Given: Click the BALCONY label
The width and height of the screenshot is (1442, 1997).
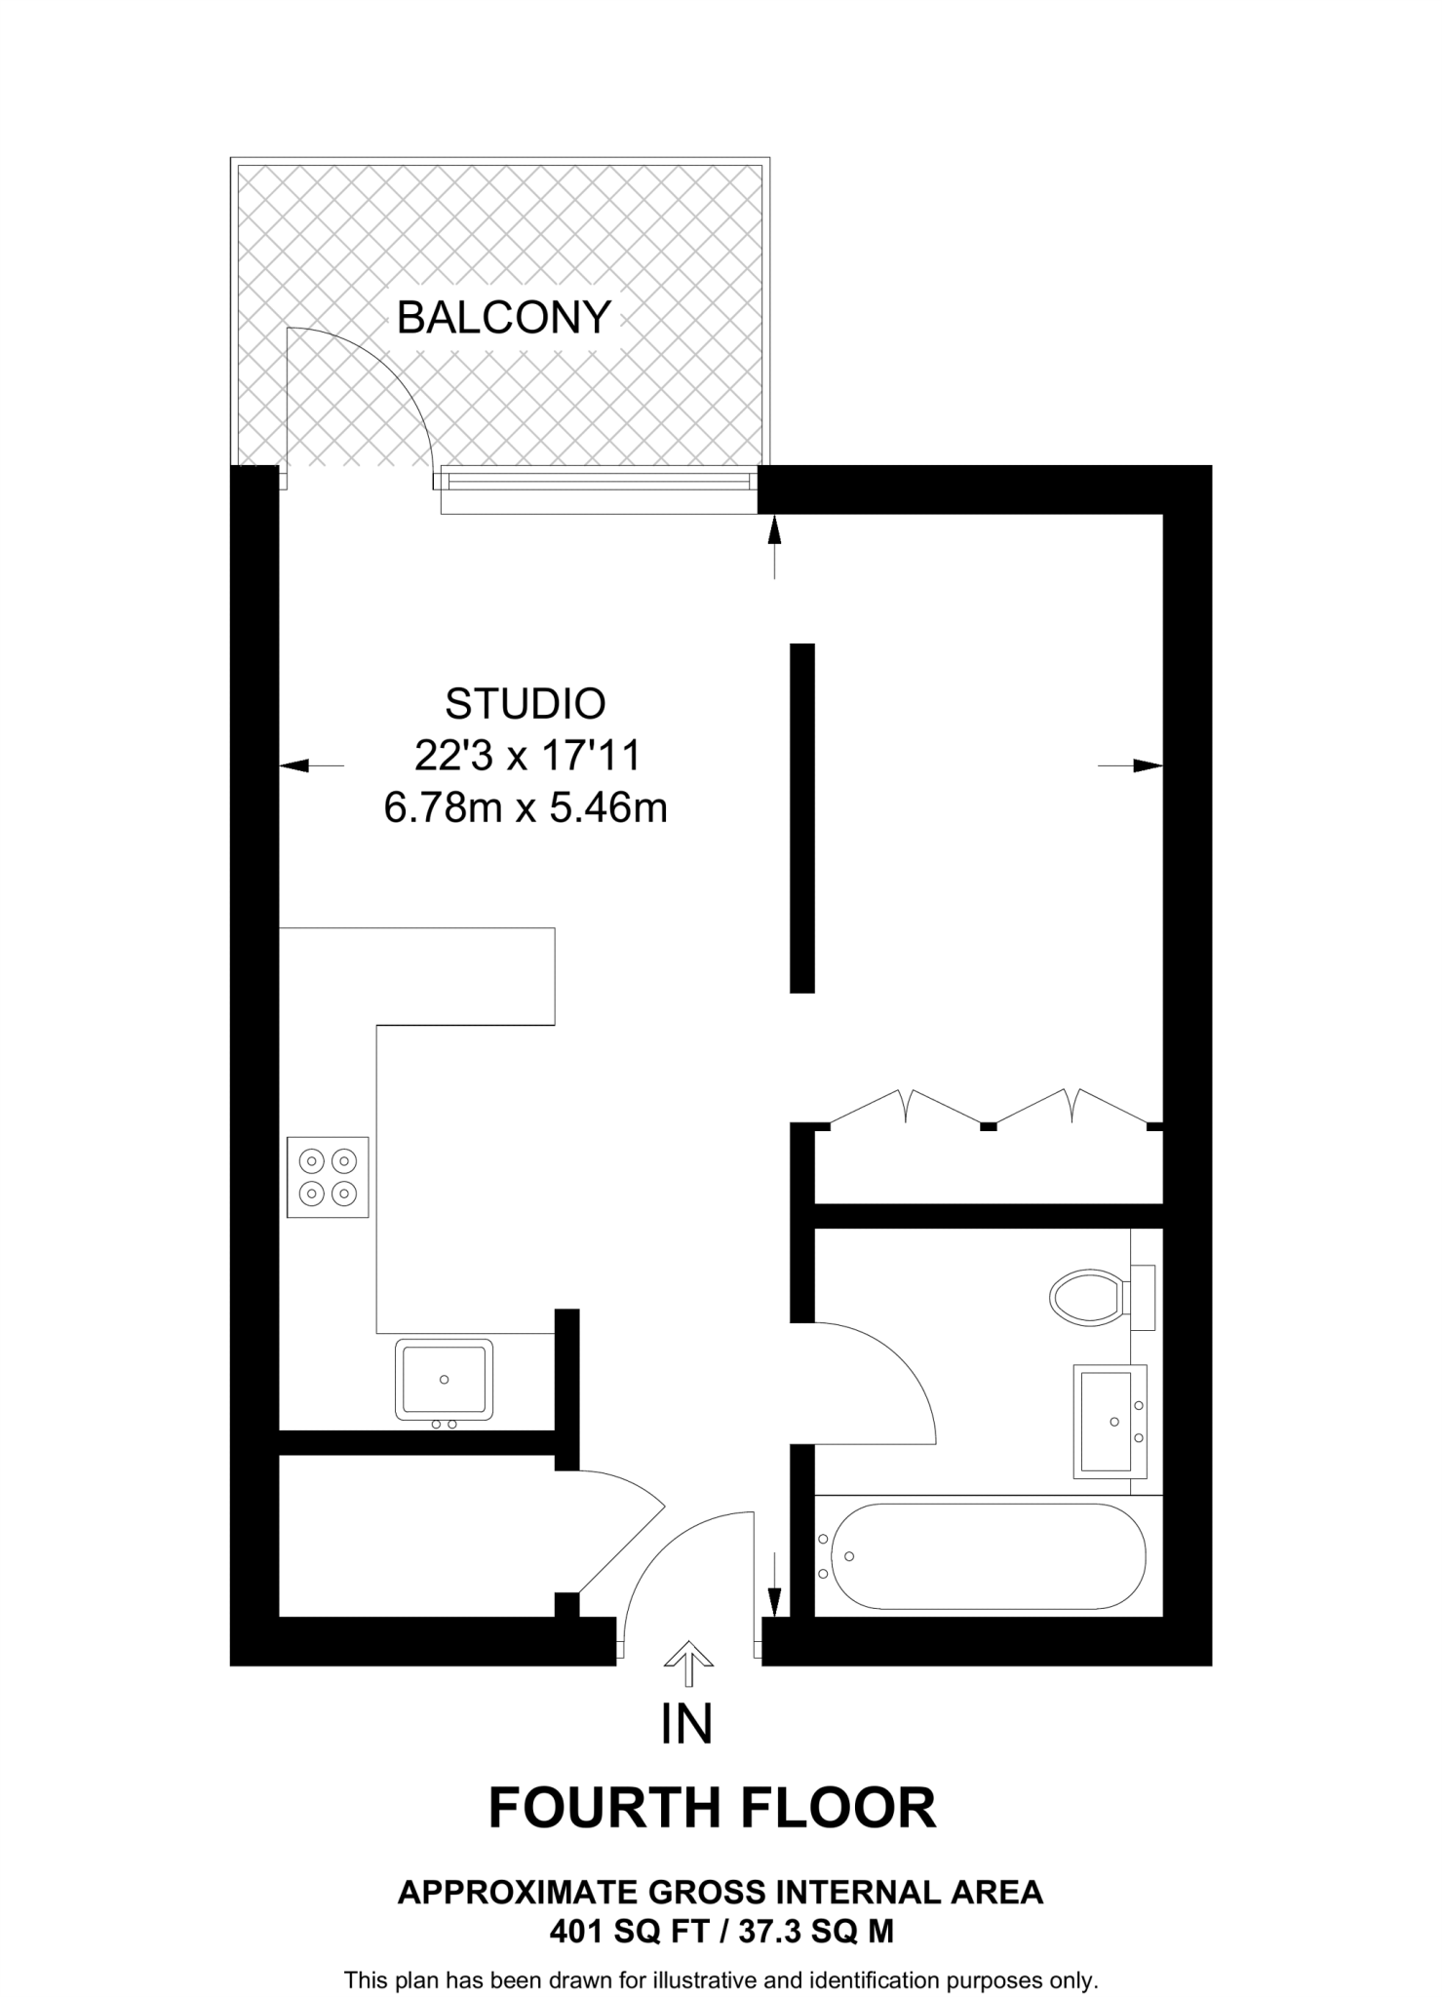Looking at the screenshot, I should click(x=503, y=318).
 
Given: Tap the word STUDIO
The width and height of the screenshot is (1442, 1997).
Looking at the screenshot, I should click(x=525, y=703).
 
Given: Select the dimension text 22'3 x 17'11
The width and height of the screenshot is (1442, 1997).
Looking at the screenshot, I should click(x=526, y=755).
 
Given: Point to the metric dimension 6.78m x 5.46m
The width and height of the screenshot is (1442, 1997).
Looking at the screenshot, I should click(x=526, y=807).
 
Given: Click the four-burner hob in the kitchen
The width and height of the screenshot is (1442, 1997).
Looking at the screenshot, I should click(x=328, y=1176).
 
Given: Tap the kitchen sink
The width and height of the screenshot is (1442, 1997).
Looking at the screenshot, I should click(x=444, y=1379).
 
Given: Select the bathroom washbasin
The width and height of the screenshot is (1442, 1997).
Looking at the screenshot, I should click(x=1111, y=1421).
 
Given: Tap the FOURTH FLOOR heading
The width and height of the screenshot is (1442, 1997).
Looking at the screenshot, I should click(x=712, y=1808).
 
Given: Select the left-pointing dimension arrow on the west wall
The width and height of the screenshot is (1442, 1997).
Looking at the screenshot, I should click(x=310, y=765).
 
